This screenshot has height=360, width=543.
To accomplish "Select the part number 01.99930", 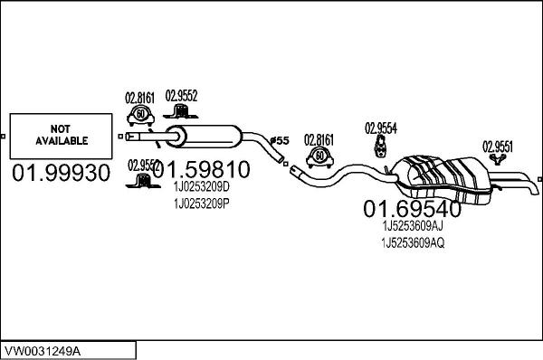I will click(x=61, y=171).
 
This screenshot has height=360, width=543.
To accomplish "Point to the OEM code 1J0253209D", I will click(x=200, y=186).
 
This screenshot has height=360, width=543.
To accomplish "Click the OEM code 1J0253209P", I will click(x=200, y=204).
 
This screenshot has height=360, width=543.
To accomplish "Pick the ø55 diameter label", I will click(x=281, y=140).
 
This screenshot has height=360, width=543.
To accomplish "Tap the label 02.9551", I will click(x=498, y=145).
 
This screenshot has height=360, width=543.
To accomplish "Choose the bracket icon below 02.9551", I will click(x=497, y=160).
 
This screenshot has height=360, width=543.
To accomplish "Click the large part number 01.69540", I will click(x=413, y=209).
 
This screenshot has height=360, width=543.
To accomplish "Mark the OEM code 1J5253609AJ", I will click(x=413, y=226).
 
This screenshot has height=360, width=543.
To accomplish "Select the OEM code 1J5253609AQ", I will click(x=413, y=243).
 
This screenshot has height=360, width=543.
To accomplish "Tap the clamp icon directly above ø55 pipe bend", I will click(x=319, y=157).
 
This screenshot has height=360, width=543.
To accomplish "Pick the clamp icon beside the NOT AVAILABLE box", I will click(x=141, y=114).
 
